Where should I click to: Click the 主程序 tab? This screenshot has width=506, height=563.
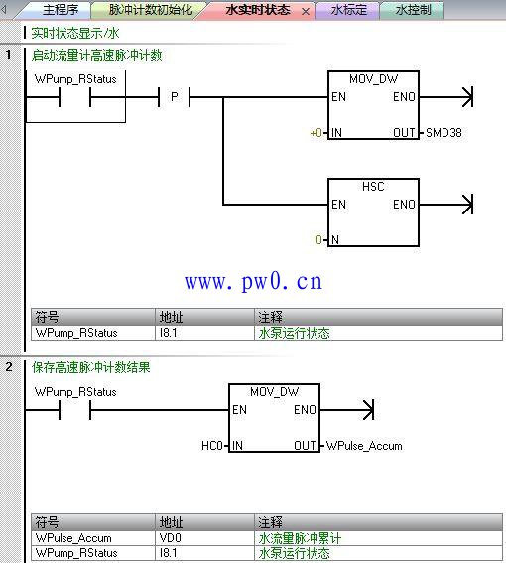point(61,10)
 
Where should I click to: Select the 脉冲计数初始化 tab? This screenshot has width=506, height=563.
point(151,10)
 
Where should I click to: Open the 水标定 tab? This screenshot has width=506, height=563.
point(349,10)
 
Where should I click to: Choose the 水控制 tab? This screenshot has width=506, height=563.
point(413,10)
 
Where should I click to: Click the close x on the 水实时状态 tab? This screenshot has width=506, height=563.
point(306,12)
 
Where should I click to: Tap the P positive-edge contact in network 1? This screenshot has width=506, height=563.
point(174,97)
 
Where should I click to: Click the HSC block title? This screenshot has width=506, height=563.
point(373,187)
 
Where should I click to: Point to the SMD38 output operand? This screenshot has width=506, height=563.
point(443,133)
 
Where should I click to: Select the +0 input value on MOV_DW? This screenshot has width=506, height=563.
point(316,133)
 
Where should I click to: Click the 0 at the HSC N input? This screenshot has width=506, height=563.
point(318,240)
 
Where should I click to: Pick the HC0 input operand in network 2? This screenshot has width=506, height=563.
point(212,446)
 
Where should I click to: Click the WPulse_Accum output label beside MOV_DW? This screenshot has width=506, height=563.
point(364,446)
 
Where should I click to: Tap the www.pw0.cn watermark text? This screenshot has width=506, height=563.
point(253,281)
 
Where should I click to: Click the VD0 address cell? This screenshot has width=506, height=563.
point(171,538)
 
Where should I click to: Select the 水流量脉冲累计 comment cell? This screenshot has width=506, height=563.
point(300,538)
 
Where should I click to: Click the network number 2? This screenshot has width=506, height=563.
point(9,367)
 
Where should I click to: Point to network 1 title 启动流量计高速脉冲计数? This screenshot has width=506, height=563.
point(96,55)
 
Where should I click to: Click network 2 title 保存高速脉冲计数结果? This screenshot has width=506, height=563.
point(91,367)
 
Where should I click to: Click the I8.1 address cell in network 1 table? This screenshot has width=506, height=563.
point(169,333)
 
